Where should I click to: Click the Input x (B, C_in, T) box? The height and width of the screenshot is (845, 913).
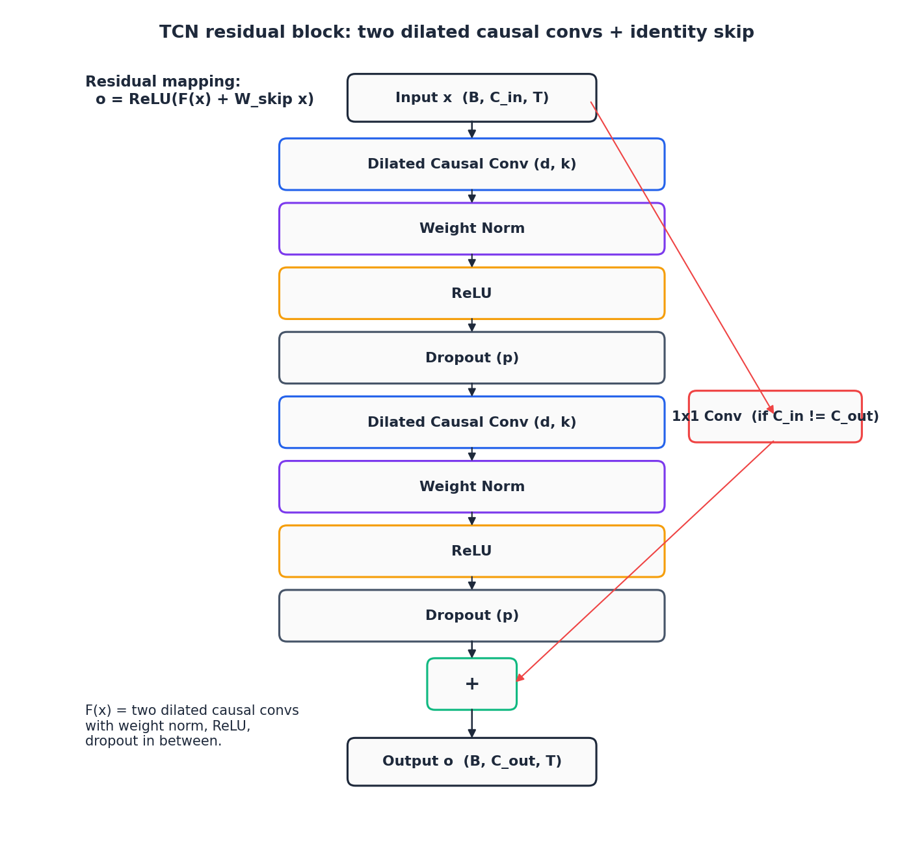(471, 98)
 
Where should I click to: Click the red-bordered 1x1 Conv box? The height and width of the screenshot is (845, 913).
(775, 416)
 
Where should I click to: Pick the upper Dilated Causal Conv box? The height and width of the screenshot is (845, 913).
(471, 164)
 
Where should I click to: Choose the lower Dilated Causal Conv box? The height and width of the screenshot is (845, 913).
(471, 422)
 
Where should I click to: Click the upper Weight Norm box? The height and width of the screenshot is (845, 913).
(471, 228)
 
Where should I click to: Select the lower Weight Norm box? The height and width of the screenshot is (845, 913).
(471, 486)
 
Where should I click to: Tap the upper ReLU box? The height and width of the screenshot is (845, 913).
(471, 293)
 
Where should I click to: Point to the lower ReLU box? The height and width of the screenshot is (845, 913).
(471, 550)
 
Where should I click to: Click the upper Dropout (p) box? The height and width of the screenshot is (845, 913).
(471, 357)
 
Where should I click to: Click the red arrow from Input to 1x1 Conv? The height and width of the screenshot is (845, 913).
(682, 257)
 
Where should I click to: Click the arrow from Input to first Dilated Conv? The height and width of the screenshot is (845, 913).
(471, 129)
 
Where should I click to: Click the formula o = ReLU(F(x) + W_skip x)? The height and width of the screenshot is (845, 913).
(205, 99)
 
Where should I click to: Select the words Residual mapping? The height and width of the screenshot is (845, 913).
(163, 81)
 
